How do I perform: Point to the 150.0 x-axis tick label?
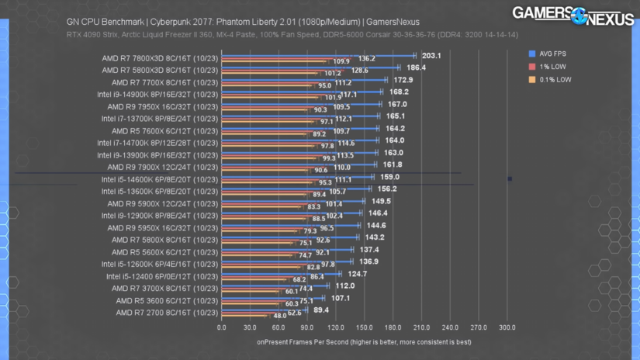point(364,327)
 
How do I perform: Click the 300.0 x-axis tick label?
point(507,327)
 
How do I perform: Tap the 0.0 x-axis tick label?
point(222,327)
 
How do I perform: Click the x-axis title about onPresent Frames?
point(364,341)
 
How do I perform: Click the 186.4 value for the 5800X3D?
point(415,67)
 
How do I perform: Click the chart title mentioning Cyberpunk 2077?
point(242,22)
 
